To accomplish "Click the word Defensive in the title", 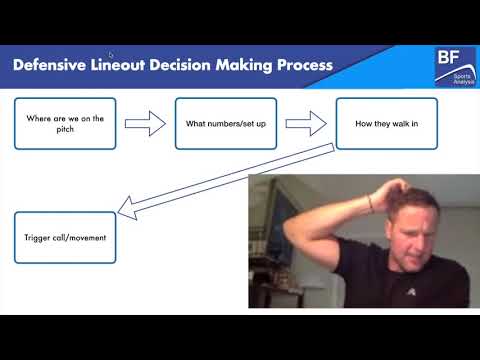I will (51, 67).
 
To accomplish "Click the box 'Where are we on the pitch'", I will (65, 123).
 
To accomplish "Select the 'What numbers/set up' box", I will (225, 123).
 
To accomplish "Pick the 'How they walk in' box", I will (386, 123).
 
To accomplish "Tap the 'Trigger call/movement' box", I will (65, 238).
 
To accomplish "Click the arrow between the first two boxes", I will (145, 123).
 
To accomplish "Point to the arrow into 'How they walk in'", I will (306, 123).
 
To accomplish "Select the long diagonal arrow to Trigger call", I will (225, 180).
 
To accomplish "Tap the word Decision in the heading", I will (186, 67).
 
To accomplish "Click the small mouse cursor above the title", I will (111, 54).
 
